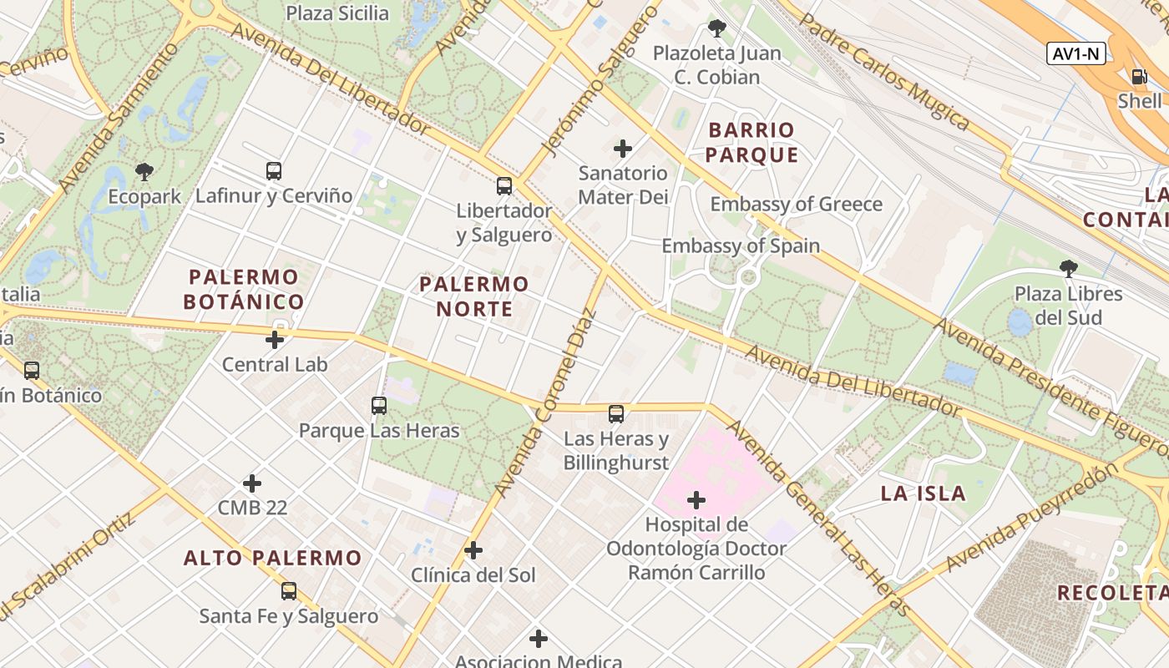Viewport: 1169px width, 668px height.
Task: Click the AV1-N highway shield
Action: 1076,54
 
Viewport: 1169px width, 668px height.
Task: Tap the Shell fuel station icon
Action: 1139,77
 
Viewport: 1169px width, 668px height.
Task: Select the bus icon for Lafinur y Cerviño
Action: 273,171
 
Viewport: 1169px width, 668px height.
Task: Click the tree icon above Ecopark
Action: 144,173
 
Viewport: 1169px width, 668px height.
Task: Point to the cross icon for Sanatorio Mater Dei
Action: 623,149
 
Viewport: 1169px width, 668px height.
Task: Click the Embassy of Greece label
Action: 796,205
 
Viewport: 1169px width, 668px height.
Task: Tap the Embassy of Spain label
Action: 741,246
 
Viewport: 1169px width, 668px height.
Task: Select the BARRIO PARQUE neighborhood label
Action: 752,143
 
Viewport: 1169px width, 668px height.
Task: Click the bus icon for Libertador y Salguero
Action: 504,185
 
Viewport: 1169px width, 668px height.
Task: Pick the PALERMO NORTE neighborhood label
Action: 473,296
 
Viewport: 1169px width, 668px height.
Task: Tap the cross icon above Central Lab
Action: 274,340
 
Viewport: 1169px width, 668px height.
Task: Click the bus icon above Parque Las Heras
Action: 379,406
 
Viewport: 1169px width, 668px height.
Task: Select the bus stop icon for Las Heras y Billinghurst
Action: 616,413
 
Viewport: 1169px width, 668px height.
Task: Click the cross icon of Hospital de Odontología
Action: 696,500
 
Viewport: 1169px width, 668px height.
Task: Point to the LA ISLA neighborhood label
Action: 923,493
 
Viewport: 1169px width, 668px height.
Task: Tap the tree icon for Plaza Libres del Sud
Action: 1068,269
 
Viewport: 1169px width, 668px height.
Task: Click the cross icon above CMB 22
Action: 252,483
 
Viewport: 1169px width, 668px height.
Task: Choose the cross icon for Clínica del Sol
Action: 473,550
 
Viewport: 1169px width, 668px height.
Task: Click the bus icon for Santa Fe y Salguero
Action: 289,591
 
